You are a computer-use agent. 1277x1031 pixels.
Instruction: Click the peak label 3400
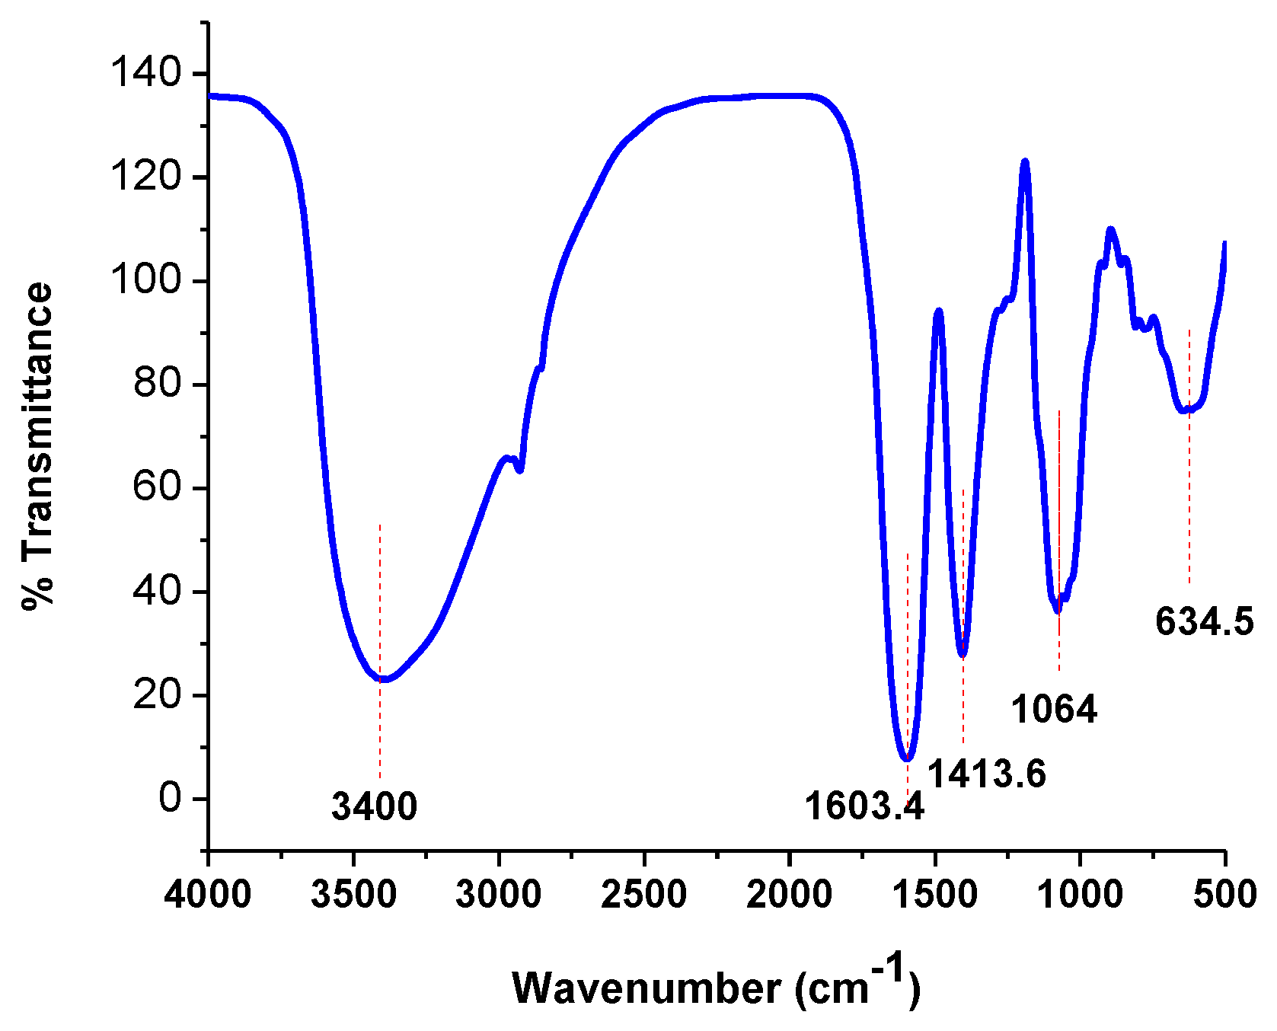[x=375, y=806]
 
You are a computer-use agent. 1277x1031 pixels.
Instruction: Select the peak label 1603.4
[x=864, y=806]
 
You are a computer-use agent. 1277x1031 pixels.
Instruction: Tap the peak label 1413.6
[x=987, y=774]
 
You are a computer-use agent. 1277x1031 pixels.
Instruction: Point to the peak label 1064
[x=1054, y=710]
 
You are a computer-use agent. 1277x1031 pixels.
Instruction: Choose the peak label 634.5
[x=1204, y=621]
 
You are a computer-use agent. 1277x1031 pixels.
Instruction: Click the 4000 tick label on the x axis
[x=208, y=893]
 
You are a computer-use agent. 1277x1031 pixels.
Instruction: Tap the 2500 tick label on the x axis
[x=644, y=893]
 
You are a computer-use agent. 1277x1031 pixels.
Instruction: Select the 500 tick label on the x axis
[x=1224, y=893]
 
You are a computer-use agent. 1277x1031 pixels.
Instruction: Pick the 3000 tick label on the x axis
[x=499, y=893]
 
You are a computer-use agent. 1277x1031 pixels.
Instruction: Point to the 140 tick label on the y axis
[x=145, y=74]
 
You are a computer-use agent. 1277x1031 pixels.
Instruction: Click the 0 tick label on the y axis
[x=171, y=799]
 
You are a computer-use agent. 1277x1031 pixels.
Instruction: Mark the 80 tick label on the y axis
[x=158, y=385]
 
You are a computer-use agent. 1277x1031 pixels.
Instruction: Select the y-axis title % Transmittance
[x=38, y=446]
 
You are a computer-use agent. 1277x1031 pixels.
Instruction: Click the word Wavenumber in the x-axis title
[x=646, y=988]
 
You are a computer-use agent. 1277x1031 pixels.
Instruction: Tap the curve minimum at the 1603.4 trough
[x=907, y=758]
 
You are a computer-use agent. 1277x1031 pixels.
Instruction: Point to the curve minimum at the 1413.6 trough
[x=963, y=653]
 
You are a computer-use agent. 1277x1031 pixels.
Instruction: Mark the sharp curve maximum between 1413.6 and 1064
[x=1025, y=161]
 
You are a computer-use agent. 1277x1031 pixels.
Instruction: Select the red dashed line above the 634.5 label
[x=1189, y=457]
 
